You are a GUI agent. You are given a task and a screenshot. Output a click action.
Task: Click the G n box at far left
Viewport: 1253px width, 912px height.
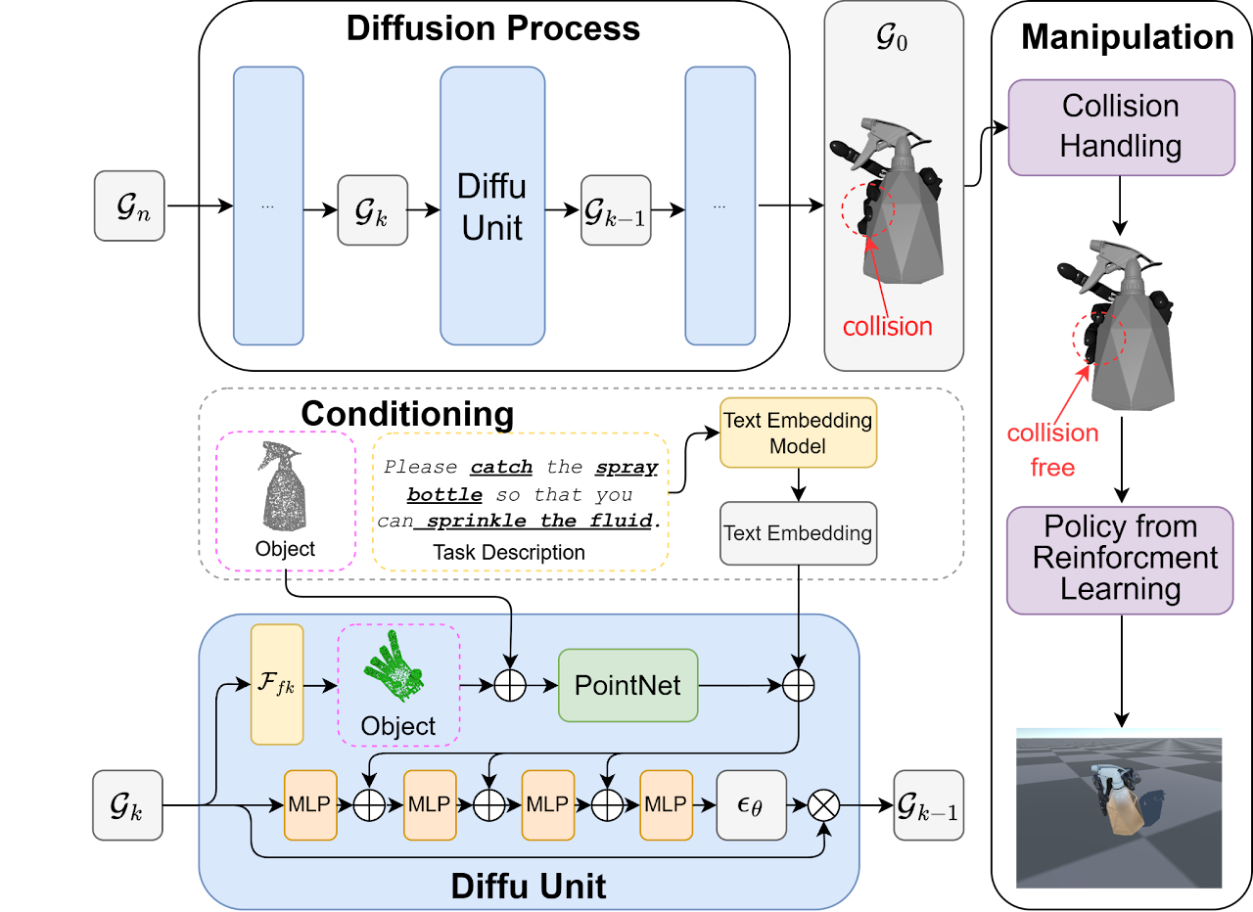[129, 205]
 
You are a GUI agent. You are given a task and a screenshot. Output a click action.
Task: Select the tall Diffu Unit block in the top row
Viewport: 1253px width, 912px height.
[491, 205]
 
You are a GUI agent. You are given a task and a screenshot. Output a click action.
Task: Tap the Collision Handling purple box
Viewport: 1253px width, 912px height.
[1121, 127]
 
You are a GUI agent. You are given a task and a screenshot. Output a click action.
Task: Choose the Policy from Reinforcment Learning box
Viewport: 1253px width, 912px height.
[1120, 560]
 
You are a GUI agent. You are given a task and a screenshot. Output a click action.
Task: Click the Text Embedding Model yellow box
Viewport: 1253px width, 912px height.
[798, 433]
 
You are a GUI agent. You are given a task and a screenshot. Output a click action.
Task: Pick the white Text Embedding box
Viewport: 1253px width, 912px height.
[798, 533]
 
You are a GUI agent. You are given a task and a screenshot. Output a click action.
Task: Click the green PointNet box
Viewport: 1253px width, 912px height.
[627, 685]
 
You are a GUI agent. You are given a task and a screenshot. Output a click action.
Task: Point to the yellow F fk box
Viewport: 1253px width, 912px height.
[277, 684]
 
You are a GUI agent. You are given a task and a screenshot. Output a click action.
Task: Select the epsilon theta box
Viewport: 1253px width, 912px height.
[751, 804]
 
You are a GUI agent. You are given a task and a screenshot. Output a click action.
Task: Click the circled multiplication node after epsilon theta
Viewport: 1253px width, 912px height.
[824, 804]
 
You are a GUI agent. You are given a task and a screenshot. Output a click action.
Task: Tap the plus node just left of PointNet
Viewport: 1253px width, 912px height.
[510, 686]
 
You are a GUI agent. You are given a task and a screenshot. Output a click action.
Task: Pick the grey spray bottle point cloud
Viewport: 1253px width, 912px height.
[283, 488]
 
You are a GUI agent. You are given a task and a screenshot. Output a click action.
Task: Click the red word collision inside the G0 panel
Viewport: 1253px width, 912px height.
[888, 326]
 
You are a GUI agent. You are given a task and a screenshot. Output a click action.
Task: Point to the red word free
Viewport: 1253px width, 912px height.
[1052, 468]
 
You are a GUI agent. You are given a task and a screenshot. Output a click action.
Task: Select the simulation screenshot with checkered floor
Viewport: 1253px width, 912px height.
[1119, 807]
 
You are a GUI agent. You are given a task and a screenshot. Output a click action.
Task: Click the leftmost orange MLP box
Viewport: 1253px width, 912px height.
[310, 804]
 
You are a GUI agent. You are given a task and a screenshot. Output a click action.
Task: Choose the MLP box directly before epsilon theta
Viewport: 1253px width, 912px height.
[666, 804]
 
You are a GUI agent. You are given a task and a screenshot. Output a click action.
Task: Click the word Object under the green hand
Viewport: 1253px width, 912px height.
[397, 726]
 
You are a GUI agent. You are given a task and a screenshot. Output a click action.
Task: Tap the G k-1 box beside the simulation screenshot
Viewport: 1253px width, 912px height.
[928, 804]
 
